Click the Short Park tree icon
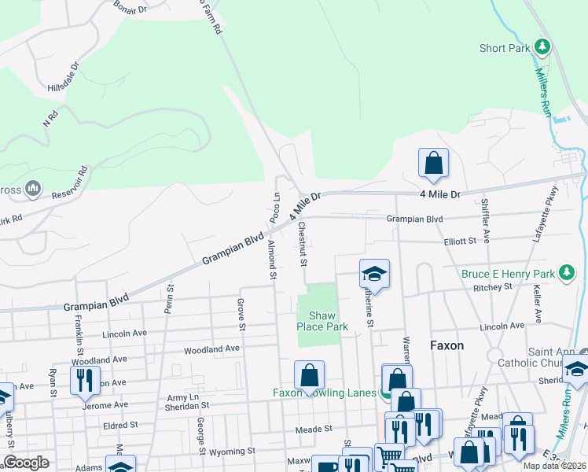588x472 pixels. [x=542, y=47]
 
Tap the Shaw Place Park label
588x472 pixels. [x=322, y=320]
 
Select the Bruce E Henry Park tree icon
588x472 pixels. [x=565, y=274]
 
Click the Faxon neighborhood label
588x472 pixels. [x=447, y=345]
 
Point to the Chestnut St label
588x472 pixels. [x=302, y=244]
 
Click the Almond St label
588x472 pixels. [x=272, y=260]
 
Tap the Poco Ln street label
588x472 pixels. [x=275, y=207]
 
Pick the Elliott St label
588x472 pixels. [x=460, y=242]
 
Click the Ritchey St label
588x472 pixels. [x=493, y=287]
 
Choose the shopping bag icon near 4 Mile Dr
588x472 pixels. [x=433, y=164]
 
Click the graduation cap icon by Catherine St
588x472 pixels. [x=375, y=274]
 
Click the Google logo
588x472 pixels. [x=26, y=463]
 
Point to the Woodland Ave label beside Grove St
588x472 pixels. [x=211, y=348]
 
